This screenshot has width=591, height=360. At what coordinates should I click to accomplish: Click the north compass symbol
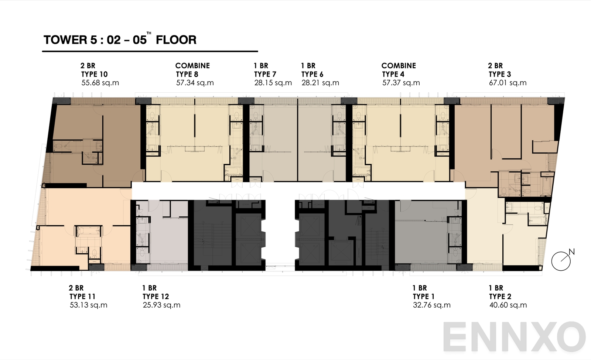561,261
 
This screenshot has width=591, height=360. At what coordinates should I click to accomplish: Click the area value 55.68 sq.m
100,83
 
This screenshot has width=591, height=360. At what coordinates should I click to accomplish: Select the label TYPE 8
187,74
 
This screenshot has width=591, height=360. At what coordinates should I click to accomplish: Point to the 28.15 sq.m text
273,83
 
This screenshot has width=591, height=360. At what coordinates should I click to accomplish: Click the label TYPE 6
312,74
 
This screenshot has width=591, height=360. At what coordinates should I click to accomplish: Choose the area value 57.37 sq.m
401,83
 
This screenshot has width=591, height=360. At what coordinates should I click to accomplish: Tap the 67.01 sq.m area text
508,83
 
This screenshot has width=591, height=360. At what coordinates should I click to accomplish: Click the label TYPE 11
82,296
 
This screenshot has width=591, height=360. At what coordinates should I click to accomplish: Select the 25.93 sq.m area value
161,305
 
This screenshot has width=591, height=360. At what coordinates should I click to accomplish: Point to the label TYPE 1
423,296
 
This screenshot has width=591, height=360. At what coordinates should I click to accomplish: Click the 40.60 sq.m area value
508,305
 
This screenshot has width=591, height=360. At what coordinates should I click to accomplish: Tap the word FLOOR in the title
176,40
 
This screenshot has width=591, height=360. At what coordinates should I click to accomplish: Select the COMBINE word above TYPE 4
399,66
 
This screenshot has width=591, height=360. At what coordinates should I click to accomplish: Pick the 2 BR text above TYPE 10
88,66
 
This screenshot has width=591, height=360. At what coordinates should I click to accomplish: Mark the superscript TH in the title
149,33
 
